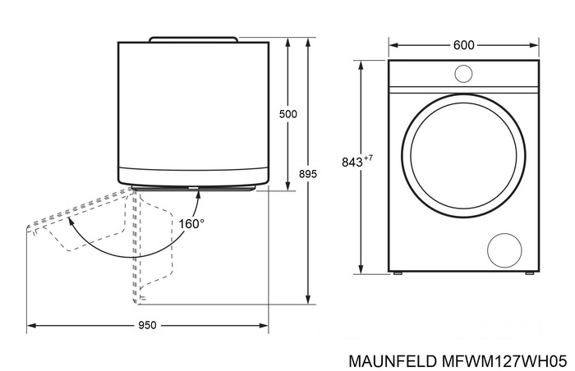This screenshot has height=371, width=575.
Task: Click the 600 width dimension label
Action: (463, 45)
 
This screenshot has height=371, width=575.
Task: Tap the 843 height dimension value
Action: (352, 163)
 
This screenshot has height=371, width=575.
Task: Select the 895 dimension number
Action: (307, 174)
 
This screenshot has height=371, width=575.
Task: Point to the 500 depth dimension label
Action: (287, 114)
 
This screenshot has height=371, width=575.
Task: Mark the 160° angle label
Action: (191, 222)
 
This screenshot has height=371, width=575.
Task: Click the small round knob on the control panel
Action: (463, 74)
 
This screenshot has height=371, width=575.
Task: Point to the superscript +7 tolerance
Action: (369, 158)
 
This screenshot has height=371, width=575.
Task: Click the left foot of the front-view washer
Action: (397, 273)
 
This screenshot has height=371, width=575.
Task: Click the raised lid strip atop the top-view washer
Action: (194, 39)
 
